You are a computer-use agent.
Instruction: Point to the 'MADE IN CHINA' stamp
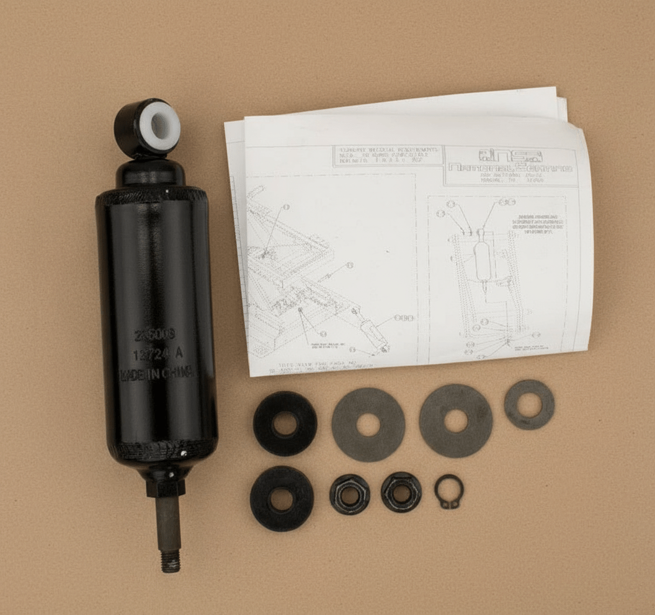tap(156, 374)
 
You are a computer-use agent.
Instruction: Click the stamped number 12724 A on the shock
tap(156, 355)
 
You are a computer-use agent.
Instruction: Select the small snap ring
tap(448, 492)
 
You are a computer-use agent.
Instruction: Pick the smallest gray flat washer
tap(529, 405)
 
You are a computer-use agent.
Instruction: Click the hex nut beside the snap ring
tap(401, 492)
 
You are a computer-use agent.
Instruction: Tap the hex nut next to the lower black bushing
tap(349, 494)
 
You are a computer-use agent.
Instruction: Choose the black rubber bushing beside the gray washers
tap(285, 423)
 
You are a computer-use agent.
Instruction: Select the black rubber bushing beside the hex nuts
tap(282, 498)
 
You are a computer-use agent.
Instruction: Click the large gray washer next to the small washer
tap(456, 420)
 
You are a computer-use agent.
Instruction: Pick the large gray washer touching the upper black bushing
tap(368, 424)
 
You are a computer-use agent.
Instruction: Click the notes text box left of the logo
tap(388, 156)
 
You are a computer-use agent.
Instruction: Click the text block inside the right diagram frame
tap(536, 226)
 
